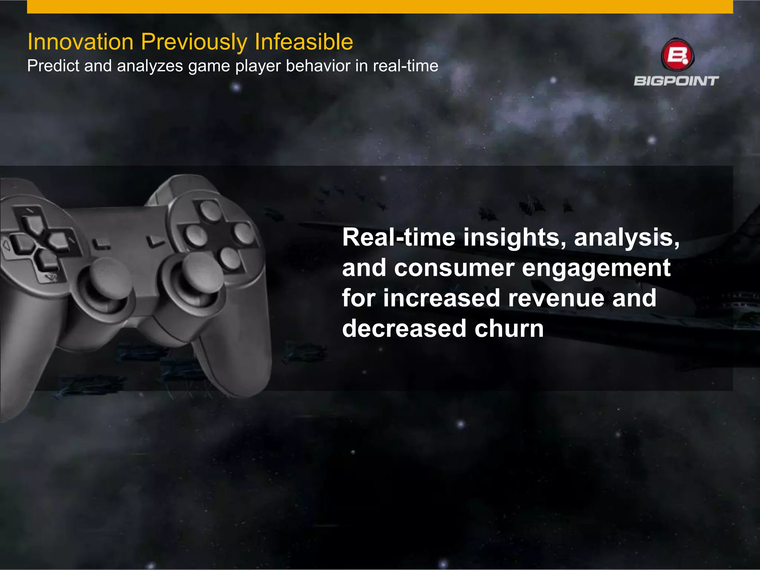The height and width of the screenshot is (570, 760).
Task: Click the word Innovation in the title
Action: (x=80, y=42)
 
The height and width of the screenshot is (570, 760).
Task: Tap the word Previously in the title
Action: (x=194, y=42)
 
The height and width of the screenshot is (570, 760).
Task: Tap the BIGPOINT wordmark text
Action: (x=676, y=81)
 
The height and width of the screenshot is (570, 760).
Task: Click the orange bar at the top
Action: (x=380, y=7)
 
